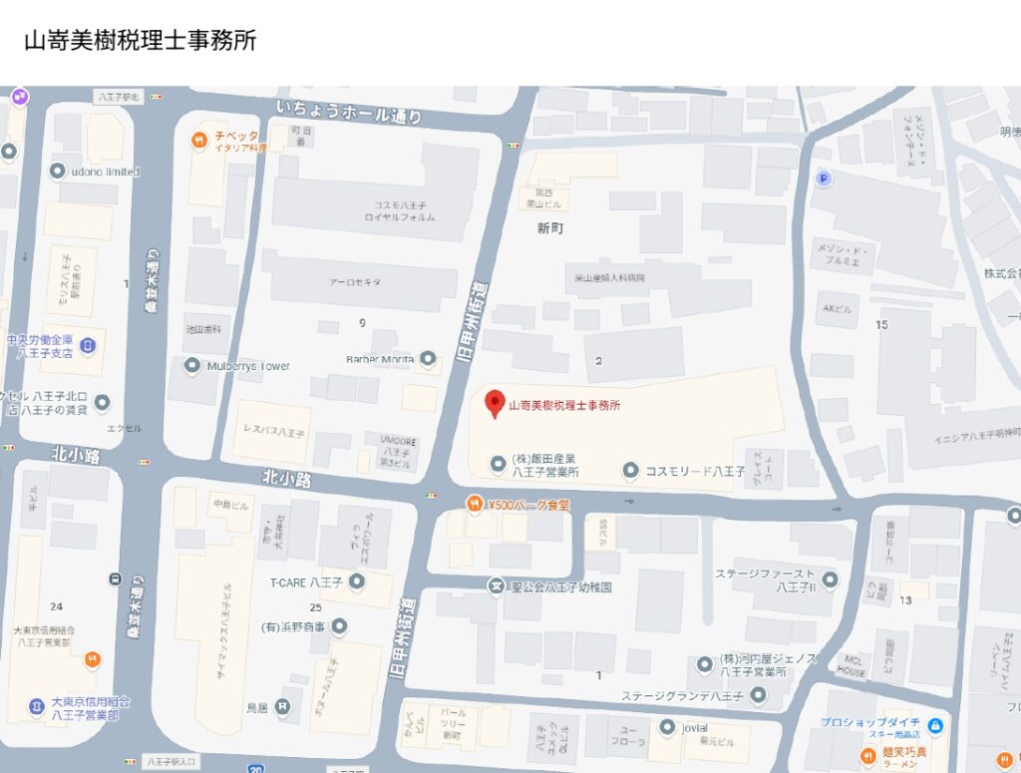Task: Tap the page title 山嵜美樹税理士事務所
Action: pos(140,41)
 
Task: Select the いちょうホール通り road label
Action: pos(349,111)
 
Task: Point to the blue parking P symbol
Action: pos(823,179)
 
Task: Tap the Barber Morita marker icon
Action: pos(429,358)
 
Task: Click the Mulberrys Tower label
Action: pos(248,366)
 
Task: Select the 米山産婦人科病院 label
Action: pos(609,277)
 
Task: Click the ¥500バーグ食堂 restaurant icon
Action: pos(474,505)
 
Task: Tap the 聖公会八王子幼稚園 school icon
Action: pos(496,586)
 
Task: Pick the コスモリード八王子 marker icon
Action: pos(630,470)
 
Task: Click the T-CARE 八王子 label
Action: pos(306,582)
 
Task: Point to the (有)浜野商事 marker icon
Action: pos(339,626)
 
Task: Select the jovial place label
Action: pos(695,728)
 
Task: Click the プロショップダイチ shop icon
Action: pos(935,724)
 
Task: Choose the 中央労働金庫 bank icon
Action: pos(88,345)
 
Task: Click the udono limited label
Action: pos(105,172)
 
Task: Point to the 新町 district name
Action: pos(550,227)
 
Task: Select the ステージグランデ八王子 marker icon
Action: pos(759,695)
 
